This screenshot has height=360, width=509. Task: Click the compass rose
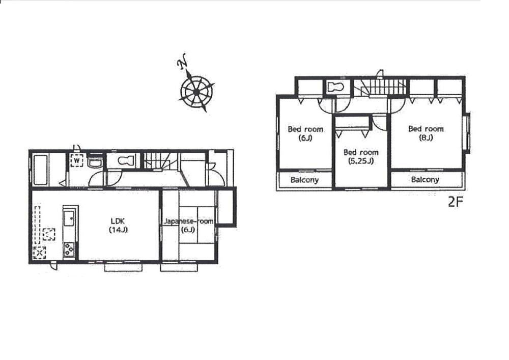pos(196,91)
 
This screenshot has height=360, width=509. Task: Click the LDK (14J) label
pos(118,225)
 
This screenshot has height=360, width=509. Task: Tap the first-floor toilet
pos(125,161)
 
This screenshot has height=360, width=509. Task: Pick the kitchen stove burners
pos(69,250)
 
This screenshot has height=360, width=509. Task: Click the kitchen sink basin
pos(69,219)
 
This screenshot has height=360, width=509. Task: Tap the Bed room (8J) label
pos(426,133)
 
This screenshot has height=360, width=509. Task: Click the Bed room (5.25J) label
pos(360,157)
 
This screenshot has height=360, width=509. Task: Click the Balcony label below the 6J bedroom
pos(304,180)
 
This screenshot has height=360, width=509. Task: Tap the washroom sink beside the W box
pos(94,162)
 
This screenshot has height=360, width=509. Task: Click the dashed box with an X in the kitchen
pos(39,252)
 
